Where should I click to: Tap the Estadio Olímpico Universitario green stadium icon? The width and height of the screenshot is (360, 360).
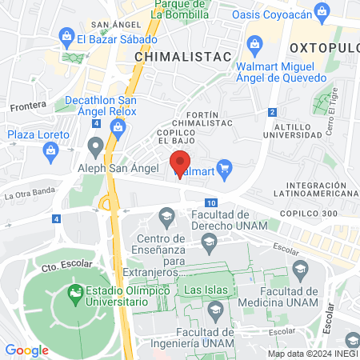[75, 294]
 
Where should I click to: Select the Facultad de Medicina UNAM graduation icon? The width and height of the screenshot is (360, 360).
[301, 268]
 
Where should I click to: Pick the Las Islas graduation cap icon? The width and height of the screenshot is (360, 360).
[215, 307]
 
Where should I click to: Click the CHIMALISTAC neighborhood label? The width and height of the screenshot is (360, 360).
[183, 57]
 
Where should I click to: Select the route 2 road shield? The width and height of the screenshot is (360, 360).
[273, 112]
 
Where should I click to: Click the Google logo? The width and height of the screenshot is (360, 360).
[26, 349]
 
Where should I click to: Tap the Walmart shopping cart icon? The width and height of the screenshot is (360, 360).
[224, 168]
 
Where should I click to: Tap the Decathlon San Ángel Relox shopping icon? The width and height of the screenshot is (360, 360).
[118, 113]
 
